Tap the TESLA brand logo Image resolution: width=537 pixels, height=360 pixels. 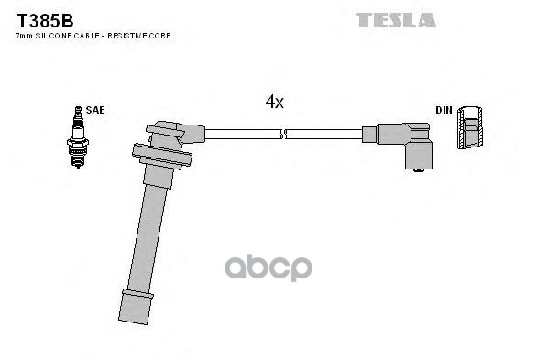pyautogui.click(x=396, y=19)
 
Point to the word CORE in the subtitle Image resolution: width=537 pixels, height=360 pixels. pyautogui.click(x=161, y=35)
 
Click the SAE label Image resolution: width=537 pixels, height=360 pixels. pyautogui.click(x=96, y=110)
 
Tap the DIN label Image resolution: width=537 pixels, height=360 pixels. pyautogui.click(x=444, y=110)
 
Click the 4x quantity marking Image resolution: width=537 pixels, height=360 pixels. pyautogui.click(x=274, y=103)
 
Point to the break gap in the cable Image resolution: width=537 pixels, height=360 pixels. pyautogui.click(x=283, y=135)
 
